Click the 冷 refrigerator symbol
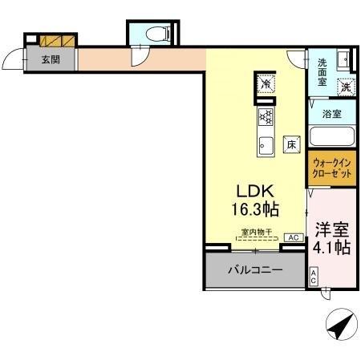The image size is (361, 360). (x=264, y=83)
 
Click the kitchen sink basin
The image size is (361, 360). (x=265, y=146)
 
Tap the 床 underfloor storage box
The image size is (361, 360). (x=292, y=145)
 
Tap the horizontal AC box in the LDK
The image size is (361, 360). (x=293, y=237)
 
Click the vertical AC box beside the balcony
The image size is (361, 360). (x=313, y=277)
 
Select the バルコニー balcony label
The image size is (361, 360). (x=254, y=270)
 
